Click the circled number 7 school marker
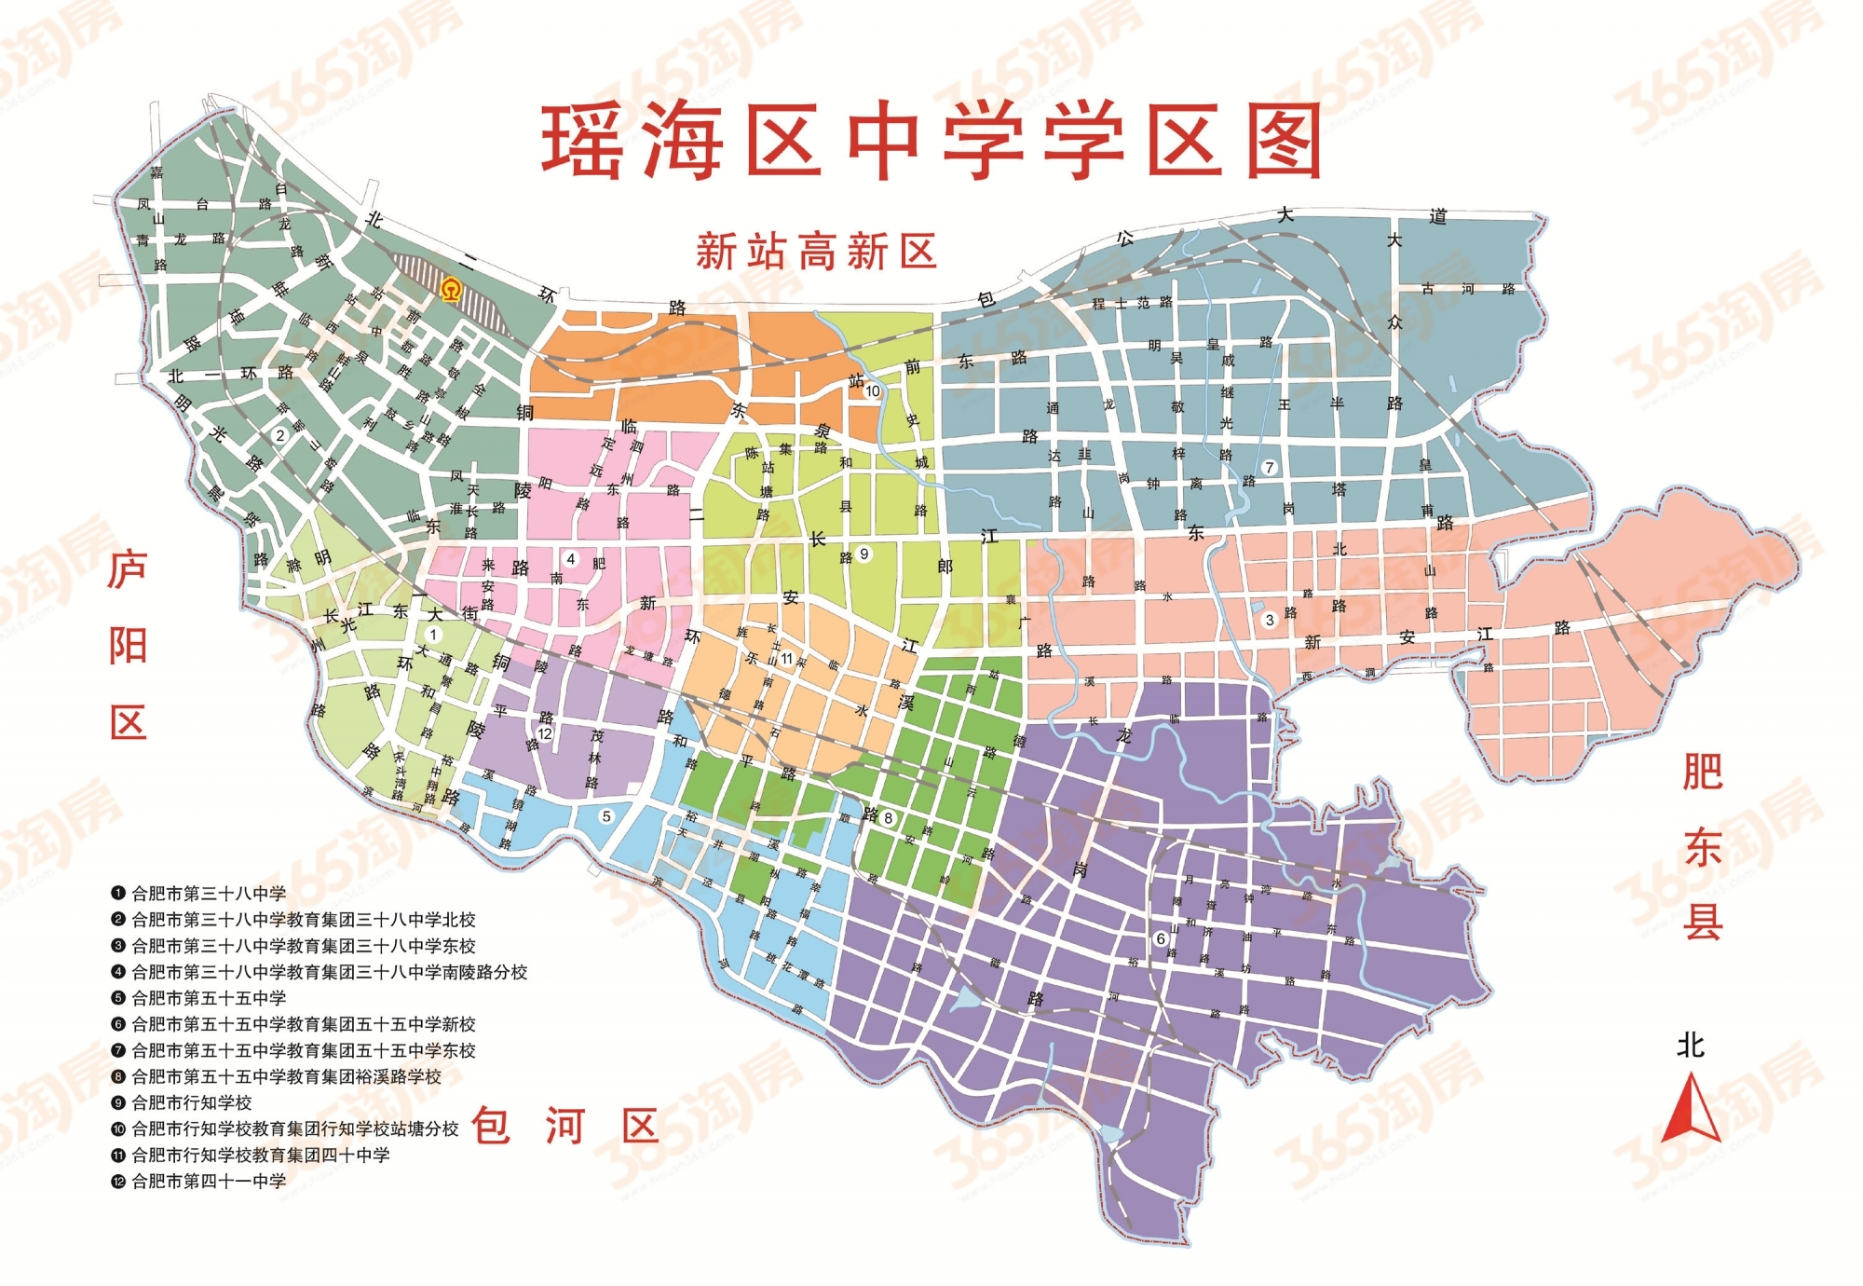pyautogui.click(x=1269, y=467)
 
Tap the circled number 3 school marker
pyautogui.click(x=1269, y=620)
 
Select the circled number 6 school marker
pyautogui.click(x=1161, y=938)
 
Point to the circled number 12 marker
pyautogui.click(x=546, y=733)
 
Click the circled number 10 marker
pyautogui.click(x=873, y=390)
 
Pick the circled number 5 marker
pyautogui.click(x=606, y=816)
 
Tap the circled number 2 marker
pyautogui.click(x=279, y=435)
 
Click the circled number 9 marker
pyautogui.click(x=864, y=554)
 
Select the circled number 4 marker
pyautogui.click(x=571, y=559)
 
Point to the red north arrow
pyautogui.click(x=1691, y=1109)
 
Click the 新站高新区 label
pyautogui.click(x=816, y=252)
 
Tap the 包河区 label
pyautogui.click(x=565, y=1126)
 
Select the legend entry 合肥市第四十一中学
pyautogui.click(x=209, y=1181)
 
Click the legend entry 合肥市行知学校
pyautogui.click(x=192, y=1102)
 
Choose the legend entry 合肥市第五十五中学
pyautogui.click(x=209, y=997)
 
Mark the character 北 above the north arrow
pyautogui.click(x=1691, y=1045)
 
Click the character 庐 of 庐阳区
pyautogui.click(x=128, y=569)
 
